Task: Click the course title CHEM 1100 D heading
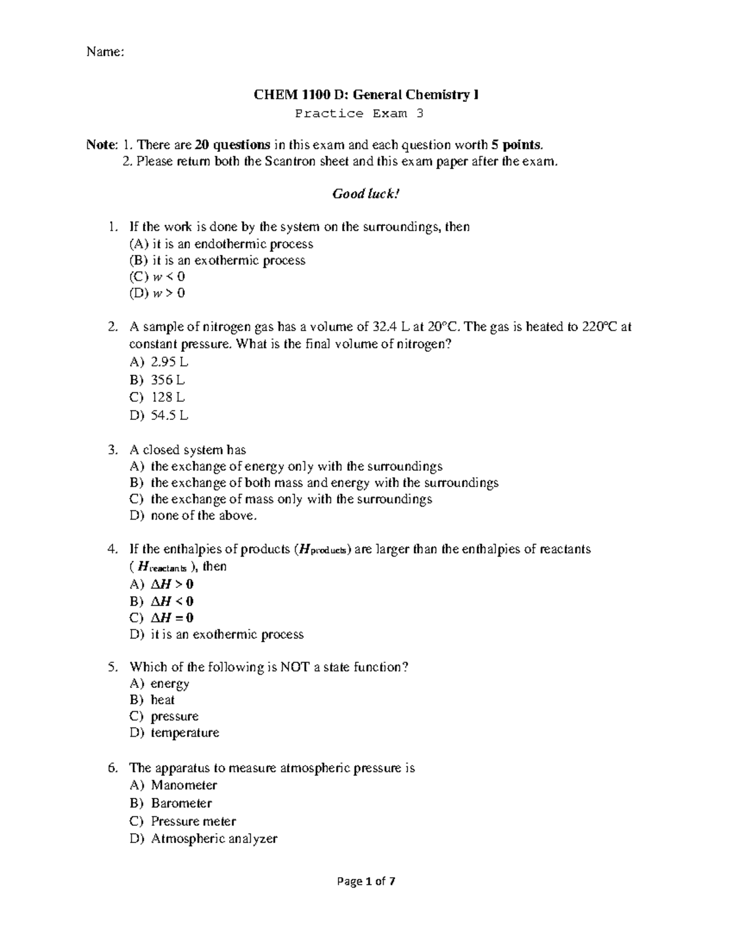point(366,95)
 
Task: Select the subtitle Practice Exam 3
point(359,114)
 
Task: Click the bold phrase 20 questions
point(233,145)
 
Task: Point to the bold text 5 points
point(516,145)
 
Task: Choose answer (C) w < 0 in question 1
point(157,277)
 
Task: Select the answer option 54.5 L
point(169,416)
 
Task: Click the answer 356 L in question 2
point(167,380)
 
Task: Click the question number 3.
point(112,450)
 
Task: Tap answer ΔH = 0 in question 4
point(172,618)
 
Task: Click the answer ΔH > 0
point(172,584)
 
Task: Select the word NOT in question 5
point(296,667)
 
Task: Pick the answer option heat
point(162,700)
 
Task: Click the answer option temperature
point(184,733)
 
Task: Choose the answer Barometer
point(181,803)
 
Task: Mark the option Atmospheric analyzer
point(214,839)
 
